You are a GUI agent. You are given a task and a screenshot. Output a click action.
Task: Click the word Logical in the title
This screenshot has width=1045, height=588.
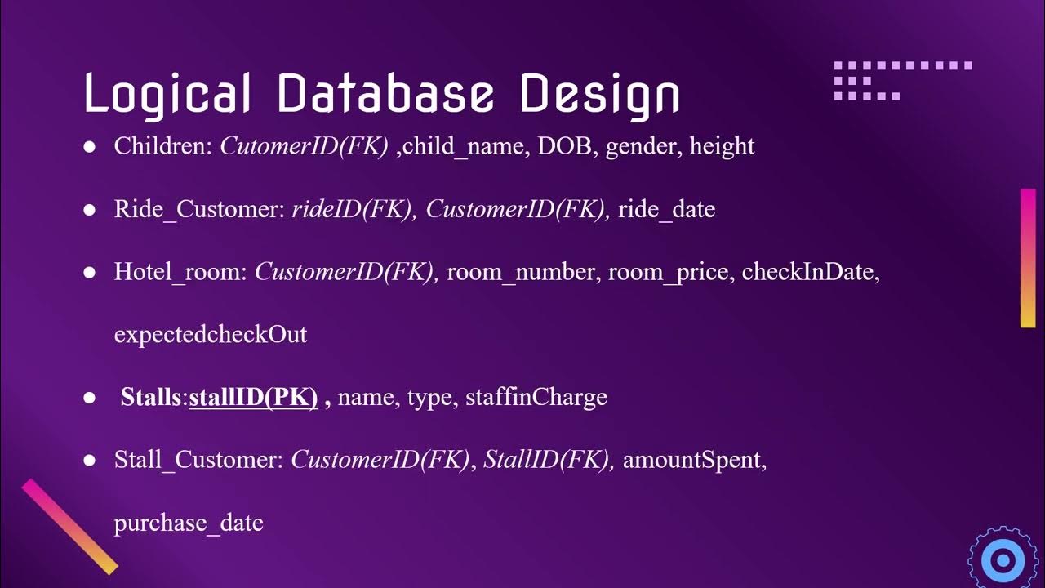[167, 94]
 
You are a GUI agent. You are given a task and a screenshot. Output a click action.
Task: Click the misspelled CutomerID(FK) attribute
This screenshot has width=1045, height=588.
[304, 146]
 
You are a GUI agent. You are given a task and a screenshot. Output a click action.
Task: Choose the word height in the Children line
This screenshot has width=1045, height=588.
[722, 147]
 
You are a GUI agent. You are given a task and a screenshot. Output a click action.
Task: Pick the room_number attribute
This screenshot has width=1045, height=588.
[521, 273]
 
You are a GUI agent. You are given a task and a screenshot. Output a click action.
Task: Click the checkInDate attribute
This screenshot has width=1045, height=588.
[808, 273]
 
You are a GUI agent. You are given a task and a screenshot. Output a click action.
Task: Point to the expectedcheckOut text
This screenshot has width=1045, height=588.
[211, 335]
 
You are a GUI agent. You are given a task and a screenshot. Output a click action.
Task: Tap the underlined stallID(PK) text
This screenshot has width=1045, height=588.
[253, 398]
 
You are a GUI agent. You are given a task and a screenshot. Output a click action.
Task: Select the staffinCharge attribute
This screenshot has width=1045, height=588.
[536, 398]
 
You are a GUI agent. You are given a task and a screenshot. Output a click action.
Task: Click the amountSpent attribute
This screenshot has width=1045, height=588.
[694, 461]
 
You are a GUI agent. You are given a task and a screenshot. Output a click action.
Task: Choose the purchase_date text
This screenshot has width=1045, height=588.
[189, 523]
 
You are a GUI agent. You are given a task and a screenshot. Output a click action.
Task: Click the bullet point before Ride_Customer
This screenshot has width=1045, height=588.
[90, 210]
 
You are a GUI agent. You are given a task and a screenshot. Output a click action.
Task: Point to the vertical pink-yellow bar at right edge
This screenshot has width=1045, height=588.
[1028, 258]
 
